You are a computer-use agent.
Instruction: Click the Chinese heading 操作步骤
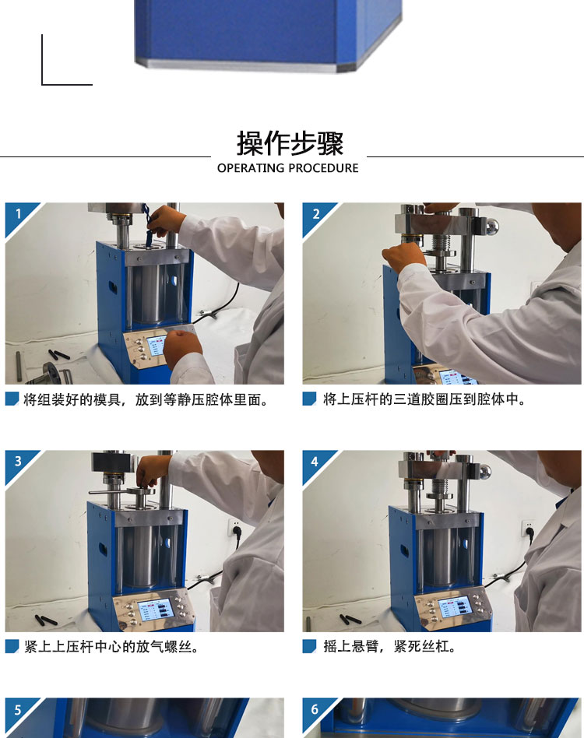tap(290, 143)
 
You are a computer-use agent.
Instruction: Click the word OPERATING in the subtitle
tap(251, 168)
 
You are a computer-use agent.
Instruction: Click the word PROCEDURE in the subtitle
tap(323, 168)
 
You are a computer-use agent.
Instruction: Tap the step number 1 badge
tap(18, 214)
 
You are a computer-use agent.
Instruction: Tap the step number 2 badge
tap(315, 214)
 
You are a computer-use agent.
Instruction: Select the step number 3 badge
tap(18, 461)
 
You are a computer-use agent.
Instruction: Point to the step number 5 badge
tap(18, 710)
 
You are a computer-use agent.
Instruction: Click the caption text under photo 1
tap(146, 399)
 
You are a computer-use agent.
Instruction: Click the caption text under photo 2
tap(424, 399)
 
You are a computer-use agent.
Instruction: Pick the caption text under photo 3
tap(111, 647)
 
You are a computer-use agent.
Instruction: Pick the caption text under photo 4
tap(389, 646)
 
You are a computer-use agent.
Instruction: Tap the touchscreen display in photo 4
tap(454, 606)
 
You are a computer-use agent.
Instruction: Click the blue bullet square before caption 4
tap(309, 646)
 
